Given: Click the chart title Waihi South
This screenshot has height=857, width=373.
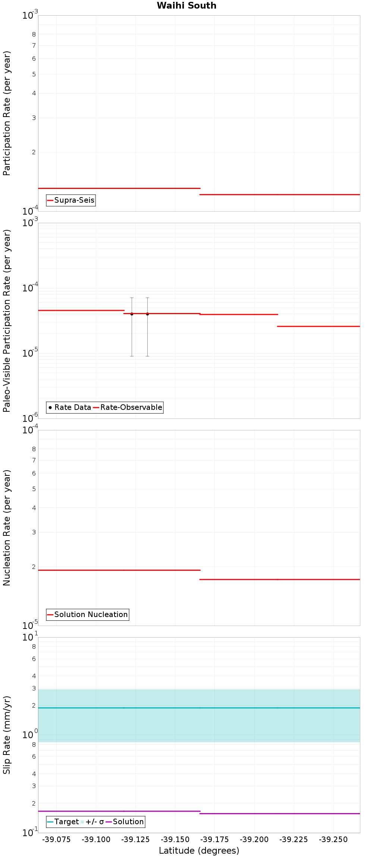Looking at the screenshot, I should pos(186,6).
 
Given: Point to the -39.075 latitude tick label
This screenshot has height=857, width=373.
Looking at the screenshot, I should pos(56,839).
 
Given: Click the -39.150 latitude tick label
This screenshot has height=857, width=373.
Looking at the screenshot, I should pos(175,839).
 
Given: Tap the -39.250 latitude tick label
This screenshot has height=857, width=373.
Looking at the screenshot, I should pos(333,839).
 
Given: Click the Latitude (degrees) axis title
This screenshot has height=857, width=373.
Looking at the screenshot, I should pos(199,851).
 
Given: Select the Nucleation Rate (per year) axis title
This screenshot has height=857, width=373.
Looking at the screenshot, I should pos(7,528).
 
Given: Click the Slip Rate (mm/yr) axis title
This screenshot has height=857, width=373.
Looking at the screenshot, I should pos(7,735).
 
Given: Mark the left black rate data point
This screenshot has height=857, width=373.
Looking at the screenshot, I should pos(132,314).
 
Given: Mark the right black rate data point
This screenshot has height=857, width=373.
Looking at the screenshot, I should pos(147,314).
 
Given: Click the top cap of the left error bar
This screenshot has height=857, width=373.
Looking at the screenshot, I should pos(132,298).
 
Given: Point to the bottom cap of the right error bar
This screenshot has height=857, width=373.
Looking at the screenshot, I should pos(147,356).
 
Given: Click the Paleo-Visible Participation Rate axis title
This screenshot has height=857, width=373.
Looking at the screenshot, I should pos(7,320).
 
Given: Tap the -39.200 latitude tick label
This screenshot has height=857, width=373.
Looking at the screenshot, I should pos(254,839).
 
